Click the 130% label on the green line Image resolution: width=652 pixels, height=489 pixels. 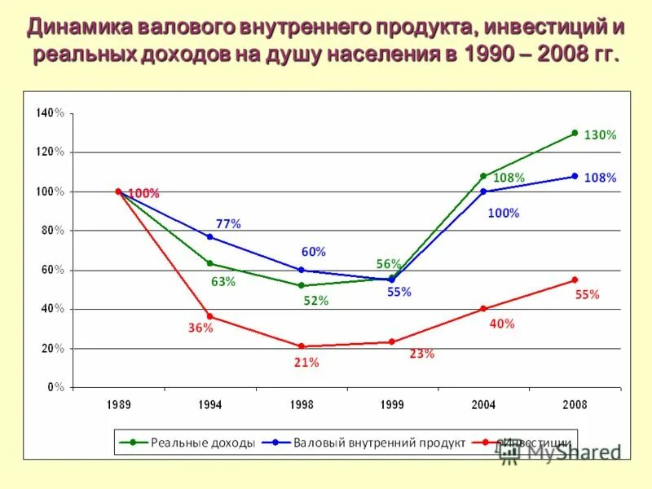(x=600, y=135)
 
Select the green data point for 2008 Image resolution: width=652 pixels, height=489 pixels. (x=575, y=133)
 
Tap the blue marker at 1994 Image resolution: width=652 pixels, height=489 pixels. (x=209, y=236)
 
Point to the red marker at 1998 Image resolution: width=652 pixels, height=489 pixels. (x=301, y=346)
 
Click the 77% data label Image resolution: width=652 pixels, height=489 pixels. (x=228, y=223)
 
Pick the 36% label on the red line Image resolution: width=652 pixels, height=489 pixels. (x=200, y=328)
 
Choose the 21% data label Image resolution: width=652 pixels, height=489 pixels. (x=306, y=363)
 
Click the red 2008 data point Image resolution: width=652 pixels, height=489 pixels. (x=575, y=280)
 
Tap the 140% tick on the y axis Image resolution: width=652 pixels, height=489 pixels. (x=50, y=112)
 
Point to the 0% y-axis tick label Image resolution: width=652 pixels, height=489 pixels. (x=55, y=387)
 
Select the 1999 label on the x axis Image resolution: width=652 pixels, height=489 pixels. (x=392, y=404)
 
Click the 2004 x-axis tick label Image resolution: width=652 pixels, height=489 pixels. (x=483, y=404)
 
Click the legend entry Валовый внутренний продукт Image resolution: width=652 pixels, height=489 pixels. (x=379, y=443)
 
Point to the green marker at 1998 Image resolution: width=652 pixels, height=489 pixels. (x=301, y=285)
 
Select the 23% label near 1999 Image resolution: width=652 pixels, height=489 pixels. (x=421, y=354)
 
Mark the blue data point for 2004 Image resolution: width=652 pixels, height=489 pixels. (x=483, y=192)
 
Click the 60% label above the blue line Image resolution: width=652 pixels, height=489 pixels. (x=313, y=252)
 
